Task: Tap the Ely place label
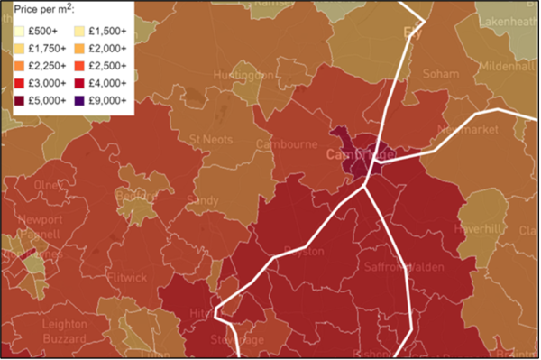[x=414, y=32]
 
